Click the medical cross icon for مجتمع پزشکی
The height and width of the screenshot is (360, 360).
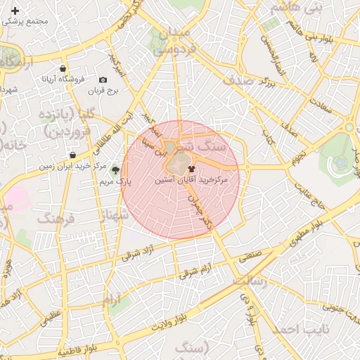click(x=15, y=11)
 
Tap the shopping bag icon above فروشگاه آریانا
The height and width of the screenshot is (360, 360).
click(x=63, y=69)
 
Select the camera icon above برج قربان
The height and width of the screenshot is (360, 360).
click(x=103, y=80)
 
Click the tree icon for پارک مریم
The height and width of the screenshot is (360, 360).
click(x=115, y=170)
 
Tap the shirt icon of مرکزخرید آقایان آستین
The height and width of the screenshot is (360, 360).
click(x=192, y=169)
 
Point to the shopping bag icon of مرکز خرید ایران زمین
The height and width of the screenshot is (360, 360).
click(x=72, y=155)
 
